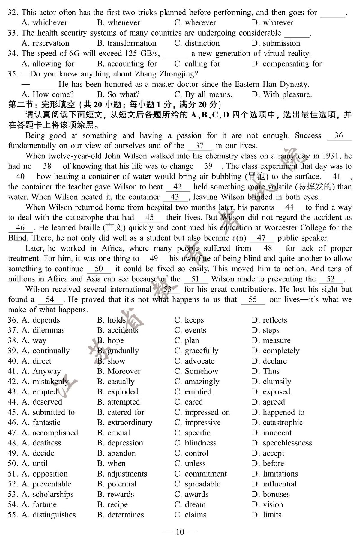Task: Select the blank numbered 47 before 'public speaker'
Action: (261, 238)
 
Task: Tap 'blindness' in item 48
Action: (200, 443)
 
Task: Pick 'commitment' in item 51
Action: (206, 474)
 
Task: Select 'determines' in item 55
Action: (125, 515)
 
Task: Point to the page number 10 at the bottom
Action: (180, 532)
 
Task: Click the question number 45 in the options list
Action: (13, 412)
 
